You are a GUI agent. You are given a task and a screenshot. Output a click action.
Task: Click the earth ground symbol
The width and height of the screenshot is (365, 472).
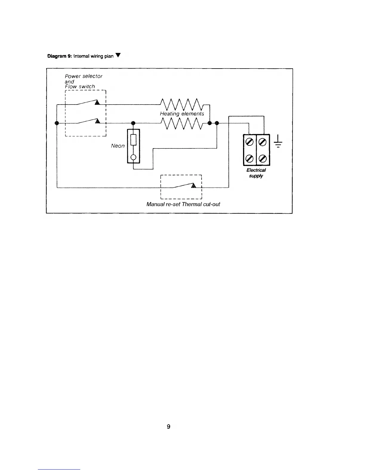(x=278, y=141)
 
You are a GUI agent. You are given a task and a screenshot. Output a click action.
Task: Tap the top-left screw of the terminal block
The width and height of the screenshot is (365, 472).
(x=249, y=142)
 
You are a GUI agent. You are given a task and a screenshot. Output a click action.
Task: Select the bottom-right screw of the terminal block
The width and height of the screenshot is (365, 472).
(x=263, y=159)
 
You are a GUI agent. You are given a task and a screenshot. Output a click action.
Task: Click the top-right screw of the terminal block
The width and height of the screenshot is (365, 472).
(x=263, y=142)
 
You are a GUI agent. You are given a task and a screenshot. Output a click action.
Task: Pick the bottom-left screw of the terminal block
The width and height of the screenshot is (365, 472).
(x=249, y=159)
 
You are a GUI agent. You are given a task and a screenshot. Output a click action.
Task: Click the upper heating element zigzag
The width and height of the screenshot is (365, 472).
(x=182, y=105)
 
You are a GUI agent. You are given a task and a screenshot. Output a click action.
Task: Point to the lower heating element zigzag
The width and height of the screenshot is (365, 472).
(x=182, y=123)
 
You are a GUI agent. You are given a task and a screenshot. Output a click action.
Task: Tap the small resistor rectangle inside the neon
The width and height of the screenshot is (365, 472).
(x=134, y=140)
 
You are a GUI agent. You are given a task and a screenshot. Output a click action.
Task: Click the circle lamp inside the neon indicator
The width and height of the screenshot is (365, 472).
(x=134, y=157)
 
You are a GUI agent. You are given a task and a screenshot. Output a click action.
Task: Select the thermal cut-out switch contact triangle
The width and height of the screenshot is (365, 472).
(x=194, y=185)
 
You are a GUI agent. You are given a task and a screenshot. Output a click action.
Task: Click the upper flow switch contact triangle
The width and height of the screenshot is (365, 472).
(x=97, y=102)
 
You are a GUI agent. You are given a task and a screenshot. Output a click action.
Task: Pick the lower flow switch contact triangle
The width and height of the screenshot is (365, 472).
(x=98, y=121)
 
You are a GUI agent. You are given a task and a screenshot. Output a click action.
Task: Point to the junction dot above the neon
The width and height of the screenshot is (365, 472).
(x=134, y=123)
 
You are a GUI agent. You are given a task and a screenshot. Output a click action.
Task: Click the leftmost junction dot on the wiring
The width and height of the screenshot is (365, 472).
(x=57, y=123)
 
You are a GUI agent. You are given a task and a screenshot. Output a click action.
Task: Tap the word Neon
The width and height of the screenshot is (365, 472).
(x=118, y=146)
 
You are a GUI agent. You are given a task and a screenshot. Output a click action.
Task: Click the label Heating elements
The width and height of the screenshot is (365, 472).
(x=182, y=114)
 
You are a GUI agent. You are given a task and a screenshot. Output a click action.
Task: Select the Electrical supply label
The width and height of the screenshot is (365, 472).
(x=256, y=173)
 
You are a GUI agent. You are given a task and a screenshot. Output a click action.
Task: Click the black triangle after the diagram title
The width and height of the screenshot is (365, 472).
(x=118, y=55)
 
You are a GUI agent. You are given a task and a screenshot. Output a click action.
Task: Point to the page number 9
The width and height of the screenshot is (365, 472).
(x=168, y=427)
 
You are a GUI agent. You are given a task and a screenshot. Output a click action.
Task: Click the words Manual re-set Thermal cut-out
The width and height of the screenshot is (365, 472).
(x=183, y=204)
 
